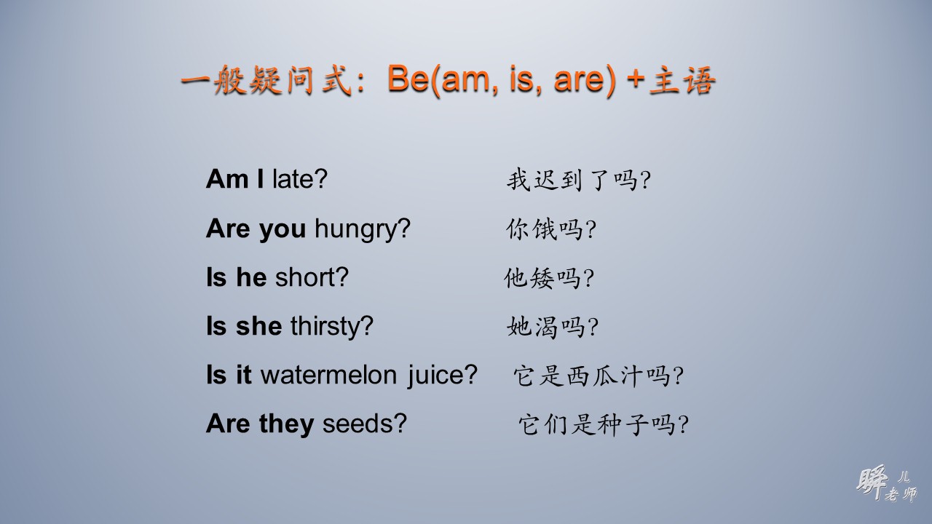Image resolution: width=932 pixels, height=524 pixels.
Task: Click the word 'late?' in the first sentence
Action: tap(300, 179)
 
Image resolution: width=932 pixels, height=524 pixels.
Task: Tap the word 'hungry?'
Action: tap(362, 229)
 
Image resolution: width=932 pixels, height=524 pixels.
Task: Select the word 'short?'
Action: tap(312, 277)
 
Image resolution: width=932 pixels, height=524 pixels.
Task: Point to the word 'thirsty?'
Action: tap(331, 326)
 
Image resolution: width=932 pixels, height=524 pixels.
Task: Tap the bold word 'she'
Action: tap(258, 326)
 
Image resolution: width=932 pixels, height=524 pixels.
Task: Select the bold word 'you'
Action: tap(282, 229)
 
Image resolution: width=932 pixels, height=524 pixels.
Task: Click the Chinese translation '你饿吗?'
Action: tap(551, 229)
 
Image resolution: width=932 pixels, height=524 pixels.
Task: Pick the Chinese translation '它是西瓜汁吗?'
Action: tap(599, 376)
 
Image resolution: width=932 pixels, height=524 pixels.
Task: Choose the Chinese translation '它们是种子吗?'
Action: tap(603, 424)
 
